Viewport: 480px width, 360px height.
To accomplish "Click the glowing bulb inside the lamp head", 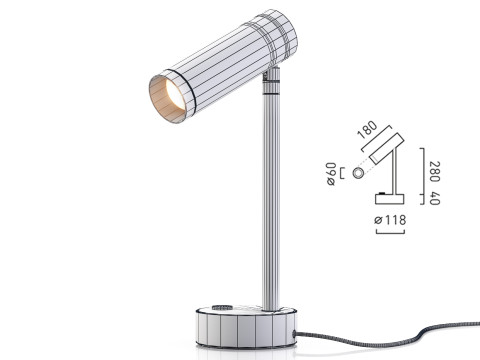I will (x=168, y=97).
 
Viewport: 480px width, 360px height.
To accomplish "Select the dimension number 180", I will (x=367, y=131).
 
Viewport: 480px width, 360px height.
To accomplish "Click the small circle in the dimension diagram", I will (x=358, y=173).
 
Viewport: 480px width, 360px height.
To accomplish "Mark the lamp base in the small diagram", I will (x=389, y=197).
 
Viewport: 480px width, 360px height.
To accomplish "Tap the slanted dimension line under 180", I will (x=367, y=142).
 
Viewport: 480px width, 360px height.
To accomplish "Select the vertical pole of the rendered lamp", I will (x=270, y=200).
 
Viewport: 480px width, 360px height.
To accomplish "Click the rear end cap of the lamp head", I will (x=283, y=35).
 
